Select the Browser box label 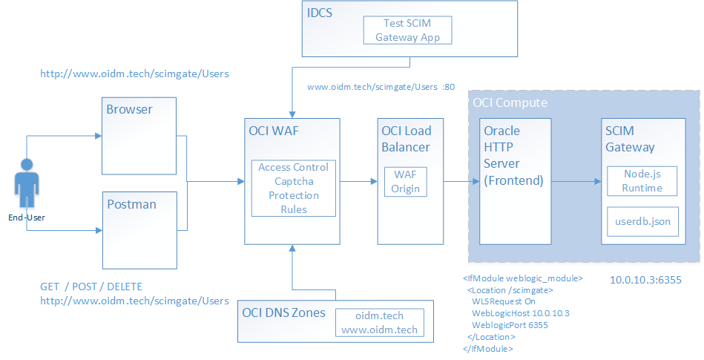pyautogui.click(x=129, y=109)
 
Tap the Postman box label pyautogui.click(x=131, y=204)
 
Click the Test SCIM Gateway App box pyautogui.click(x=407, y=30)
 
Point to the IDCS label pyautogui.click(x=320, y=13)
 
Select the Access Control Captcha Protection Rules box pyautogui.click(x=293, y=188)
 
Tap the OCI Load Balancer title pyautogui.click(x=407, y=139)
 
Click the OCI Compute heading pyautogui.click(x=510, y=102)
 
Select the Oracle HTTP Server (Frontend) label pyautogui.click(x=512, y=155)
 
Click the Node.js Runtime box pyautogui.click(x=642, y=180)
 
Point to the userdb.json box pyautogui.click(x=642, y=221)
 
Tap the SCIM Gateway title pyautogui.click(x=630, y=139)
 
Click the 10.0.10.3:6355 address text pyautogui.click(x=645, y=281)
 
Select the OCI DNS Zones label pyautogui.click(x=283, y=312)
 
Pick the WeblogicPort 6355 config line pyautogui.click(x=510, y=325)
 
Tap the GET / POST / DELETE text pyautogui.click(x=91, y=287)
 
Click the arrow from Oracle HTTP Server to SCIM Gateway pyautogui.click(x=576, y=180)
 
